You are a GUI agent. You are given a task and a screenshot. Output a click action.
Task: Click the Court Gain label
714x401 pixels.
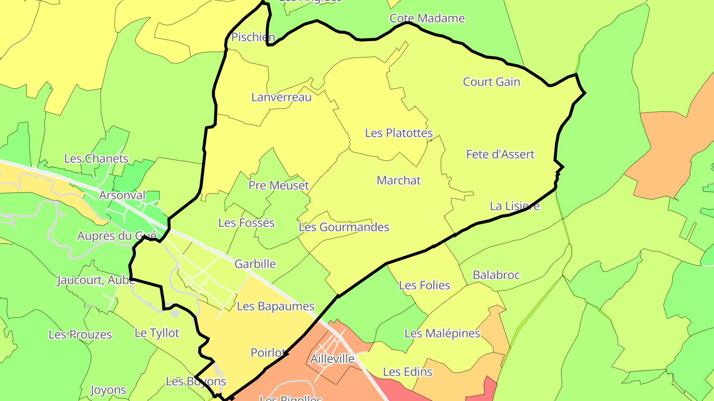pos(491,82)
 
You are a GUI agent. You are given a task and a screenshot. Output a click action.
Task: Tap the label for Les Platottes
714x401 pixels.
pos(399,133)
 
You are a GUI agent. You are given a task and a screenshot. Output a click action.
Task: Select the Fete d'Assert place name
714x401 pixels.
pos(500,154)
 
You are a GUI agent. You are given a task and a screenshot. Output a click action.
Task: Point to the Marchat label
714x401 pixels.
pos(399,180)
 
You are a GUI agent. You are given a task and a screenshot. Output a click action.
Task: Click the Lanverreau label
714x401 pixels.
pos(282,97)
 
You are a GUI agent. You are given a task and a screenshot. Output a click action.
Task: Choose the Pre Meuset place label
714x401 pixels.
pos(279,186)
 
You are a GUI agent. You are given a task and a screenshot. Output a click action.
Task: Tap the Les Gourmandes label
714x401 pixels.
pos(344,227)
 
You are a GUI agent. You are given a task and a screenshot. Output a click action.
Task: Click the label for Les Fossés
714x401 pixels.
pos(246,223)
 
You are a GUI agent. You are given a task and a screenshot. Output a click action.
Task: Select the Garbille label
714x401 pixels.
pos(255,264)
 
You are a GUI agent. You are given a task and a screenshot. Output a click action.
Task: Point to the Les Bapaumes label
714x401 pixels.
pos(276,306)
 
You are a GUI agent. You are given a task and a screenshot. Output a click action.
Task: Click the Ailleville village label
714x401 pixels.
pos(332,359)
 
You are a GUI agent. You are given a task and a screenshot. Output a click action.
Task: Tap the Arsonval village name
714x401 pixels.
pos(122,195)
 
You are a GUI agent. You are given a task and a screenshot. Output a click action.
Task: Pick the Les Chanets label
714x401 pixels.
pos(96,159)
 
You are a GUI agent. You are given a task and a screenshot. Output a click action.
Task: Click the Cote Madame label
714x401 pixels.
pos(427,18)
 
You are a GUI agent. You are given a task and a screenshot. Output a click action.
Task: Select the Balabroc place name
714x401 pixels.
pos(496,275)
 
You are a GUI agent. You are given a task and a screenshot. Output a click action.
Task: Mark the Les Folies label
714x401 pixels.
pos(424,285)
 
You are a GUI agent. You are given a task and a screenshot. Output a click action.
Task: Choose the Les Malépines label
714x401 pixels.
pos(442,333)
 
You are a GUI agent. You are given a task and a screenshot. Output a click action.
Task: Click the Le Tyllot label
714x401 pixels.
pos(157,333)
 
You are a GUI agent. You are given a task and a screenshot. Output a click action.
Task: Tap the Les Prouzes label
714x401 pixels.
pos(80,335)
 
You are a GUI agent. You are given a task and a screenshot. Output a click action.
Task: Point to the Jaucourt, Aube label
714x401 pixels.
pos(96,280)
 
